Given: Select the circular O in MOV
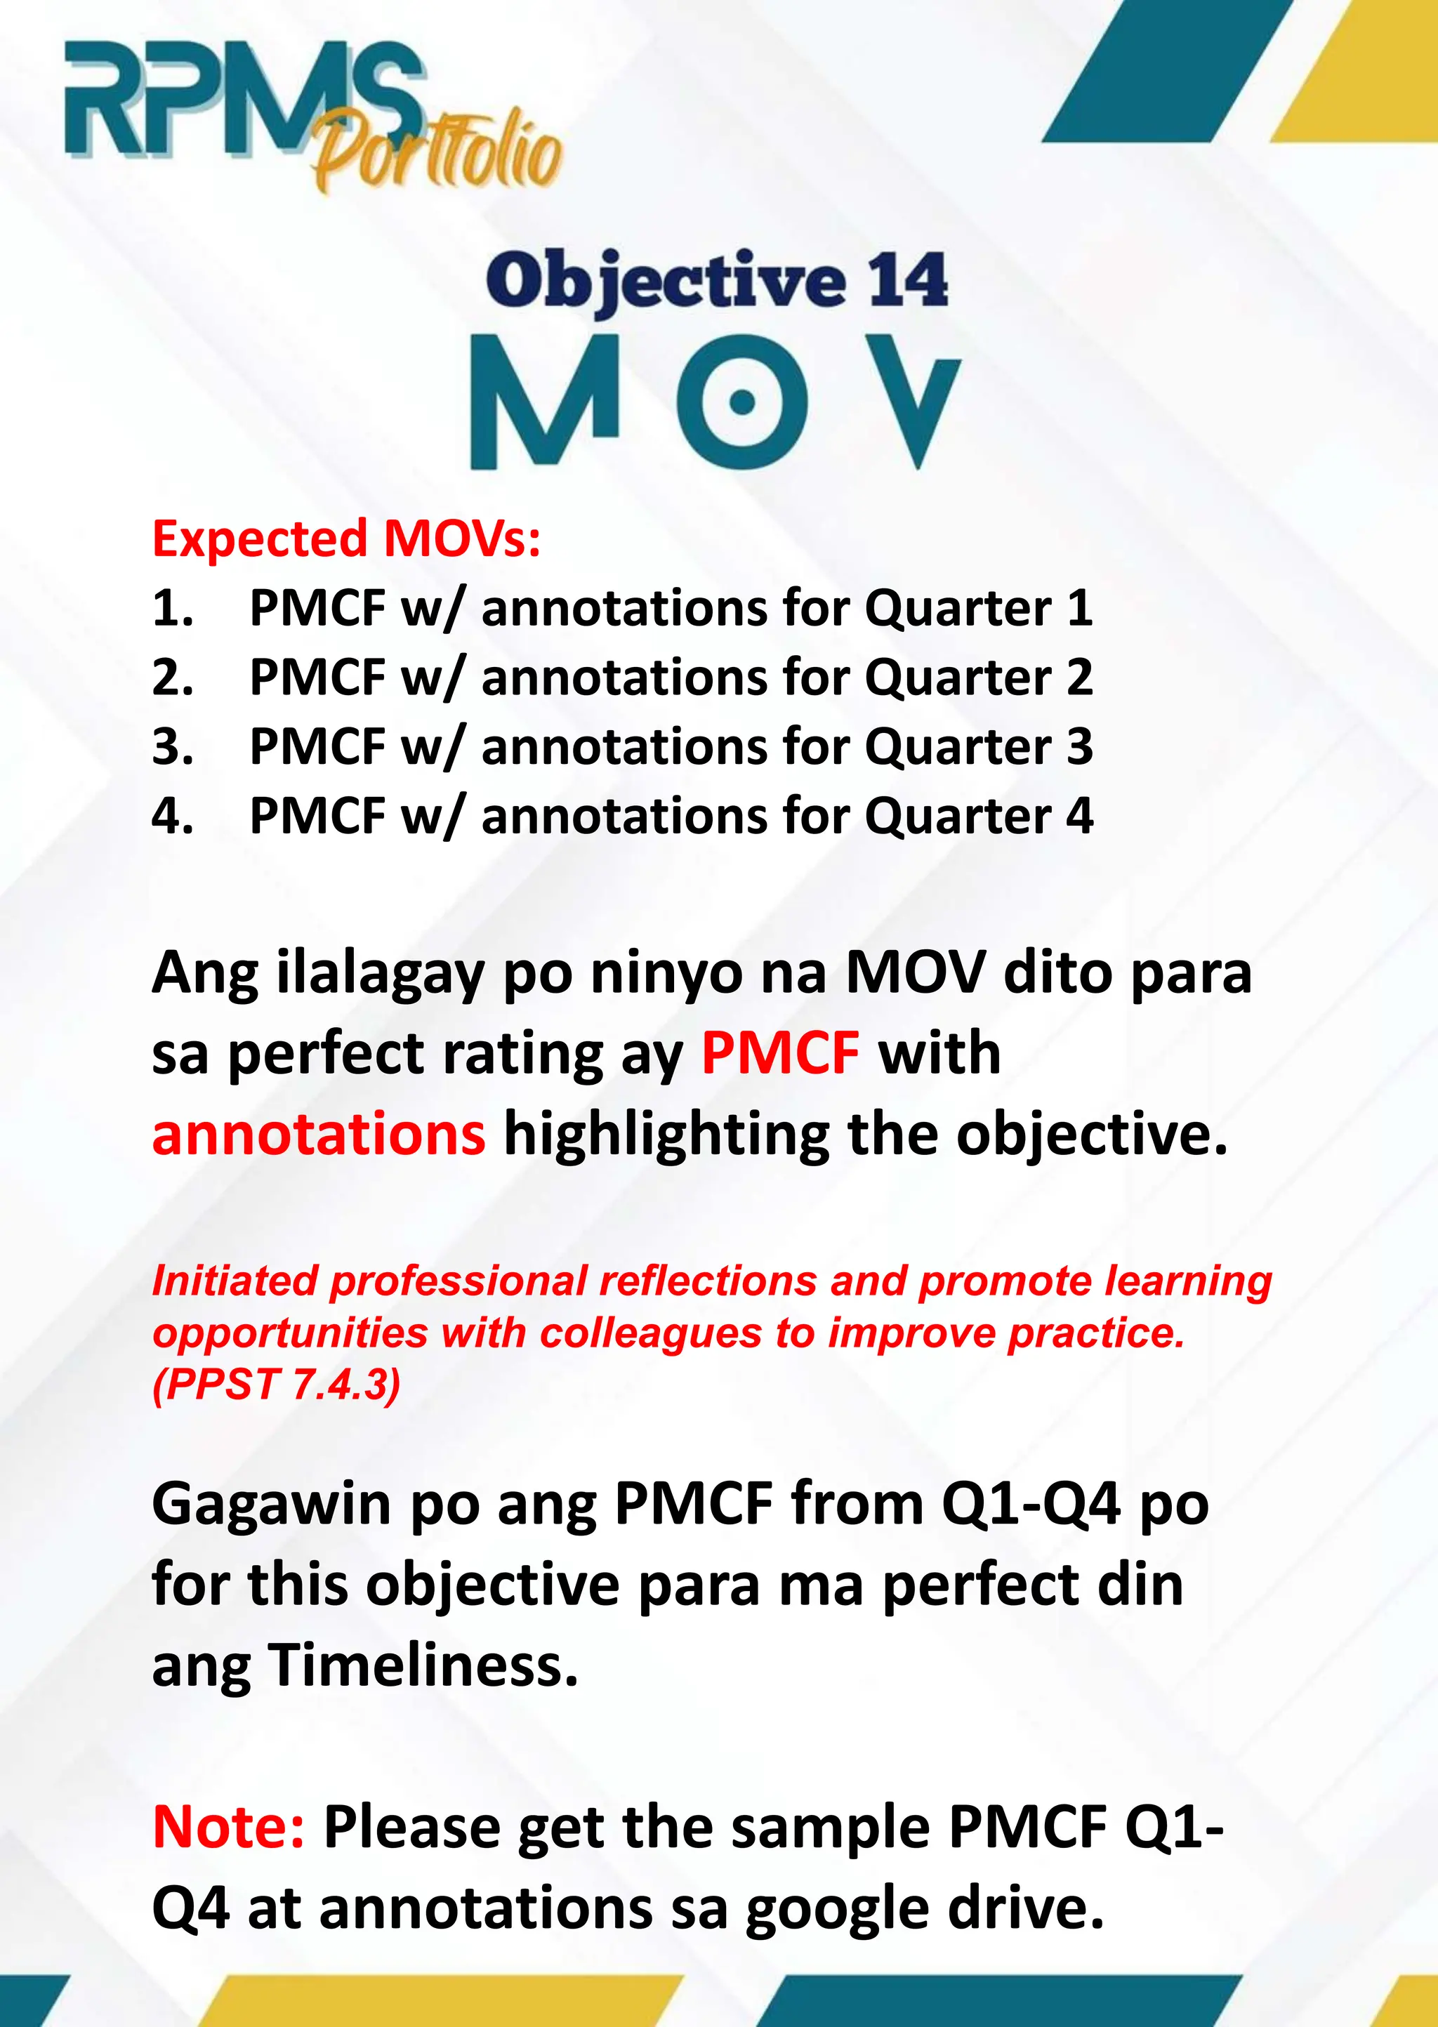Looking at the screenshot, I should pos(742,403).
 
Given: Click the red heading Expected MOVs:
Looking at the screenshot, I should pos(346,539).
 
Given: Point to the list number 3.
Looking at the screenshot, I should pos(172,746).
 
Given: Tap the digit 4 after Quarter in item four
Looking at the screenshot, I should pos(1079,815).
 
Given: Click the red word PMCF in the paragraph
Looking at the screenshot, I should pos(779,1053).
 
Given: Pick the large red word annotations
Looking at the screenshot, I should pos(319,1135).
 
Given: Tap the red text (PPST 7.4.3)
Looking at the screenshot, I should pos(276,1385).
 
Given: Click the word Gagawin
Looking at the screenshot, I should pos(271,1505).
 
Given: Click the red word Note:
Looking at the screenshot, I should pos(228,1827).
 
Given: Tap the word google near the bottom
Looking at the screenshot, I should pos(838,1908).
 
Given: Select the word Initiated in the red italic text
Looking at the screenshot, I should pos(235,1281).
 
